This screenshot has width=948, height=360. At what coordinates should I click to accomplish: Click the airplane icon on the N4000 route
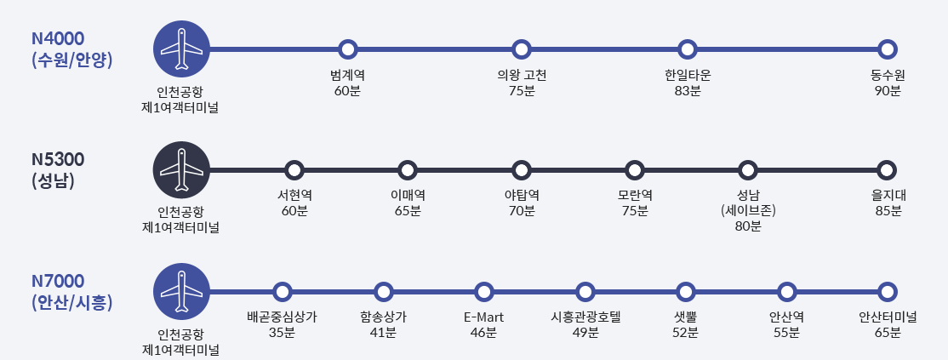pyautogui.click(x=180, y=49)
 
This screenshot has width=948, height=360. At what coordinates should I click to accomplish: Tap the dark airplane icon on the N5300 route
pyautogui.click(x=180, y=169)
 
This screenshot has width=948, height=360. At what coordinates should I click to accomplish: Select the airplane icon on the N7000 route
pyautogui.click(x=180, y=291)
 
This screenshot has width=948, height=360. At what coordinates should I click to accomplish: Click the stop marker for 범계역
pyautogui.click(x=347, y=49)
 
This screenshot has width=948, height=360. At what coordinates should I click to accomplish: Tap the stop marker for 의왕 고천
pyautogui.click(x=522, y=49)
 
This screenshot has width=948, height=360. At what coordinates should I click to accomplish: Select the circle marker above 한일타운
pyautogui.click(x=688, y=49)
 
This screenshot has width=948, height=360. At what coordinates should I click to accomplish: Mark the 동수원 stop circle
pyautogui.click(x=888, y=49)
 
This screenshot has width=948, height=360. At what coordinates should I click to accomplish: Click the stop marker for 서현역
pyautogui.click(x=294, y=169)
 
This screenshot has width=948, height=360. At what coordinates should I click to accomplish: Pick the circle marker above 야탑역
pyautogui.click(x=522, y=169)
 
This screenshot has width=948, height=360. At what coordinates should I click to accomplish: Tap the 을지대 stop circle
pyautogui.click(x=888, y=169)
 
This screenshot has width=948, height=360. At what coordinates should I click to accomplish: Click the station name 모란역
pyautogui.click(x=635, y=195)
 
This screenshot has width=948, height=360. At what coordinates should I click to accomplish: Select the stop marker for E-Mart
pyautogui.click(x=484, y=291)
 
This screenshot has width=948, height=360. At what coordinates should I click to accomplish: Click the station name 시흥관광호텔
pyautogui.click(x=585, y=317)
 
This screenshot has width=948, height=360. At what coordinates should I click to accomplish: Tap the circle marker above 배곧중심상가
pyautogui.click(x=282, y=291)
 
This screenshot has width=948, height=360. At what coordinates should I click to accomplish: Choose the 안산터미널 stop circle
pyautogui.click(x=888, y=291)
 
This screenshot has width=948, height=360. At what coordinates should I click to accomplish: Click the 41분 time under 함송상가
pyautogui.click(x=383, y=332)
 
